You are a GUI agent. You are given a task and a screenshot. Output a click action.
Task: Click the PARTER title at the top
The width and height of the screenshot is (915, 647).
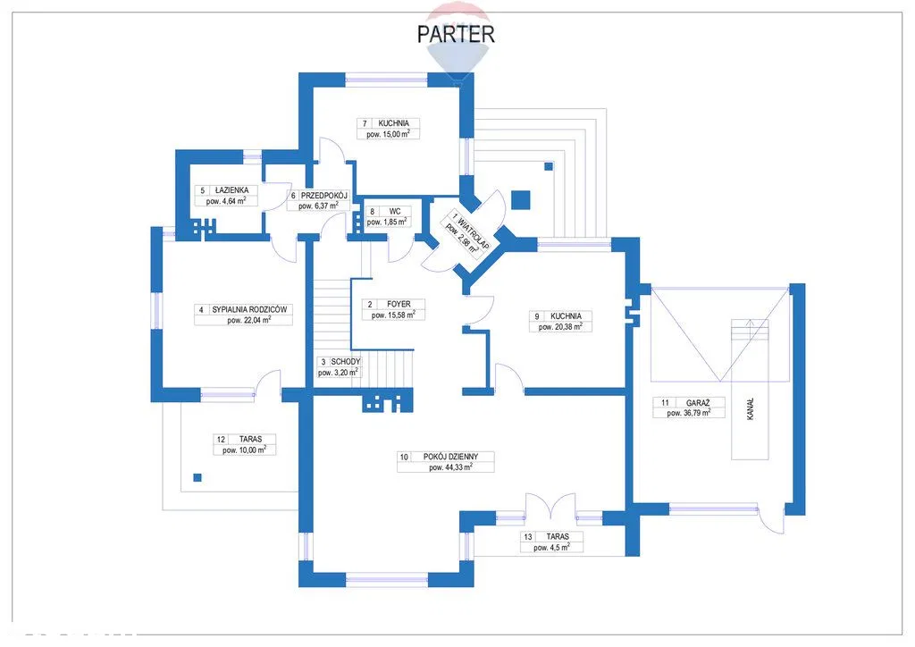456,34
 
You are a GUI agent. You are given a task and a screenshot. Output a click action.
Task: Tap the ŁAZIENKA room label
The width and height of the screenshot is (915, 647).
231,190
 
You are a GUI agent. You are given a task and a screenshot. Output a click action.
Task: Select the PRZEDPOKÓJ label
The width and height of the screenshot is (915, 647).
324,196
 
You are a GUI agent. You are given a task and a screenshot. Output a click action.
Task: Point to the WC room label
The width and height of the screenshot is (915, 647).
394,212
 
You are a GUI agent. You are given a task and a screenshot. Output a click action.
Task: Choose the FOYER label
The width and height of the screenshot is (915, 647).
399,304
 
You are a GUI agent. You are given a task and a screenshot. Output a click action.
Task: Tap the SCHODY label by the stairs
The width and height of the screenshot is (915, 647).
345,362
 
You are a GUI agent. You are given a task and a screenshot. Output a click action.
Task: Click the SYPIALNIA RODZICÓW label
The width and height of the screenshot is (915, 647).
249,310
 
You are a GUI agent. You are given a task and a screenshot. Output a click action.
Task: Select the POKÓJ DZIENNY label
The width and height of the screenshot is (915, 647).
451,457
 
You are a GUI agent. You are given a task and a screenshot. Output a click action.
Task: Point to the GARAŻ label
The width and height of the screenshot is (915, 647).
698,402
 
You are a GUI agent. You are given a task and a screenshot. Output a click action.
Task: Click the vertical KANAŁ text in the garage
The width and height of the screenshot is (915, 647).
750,409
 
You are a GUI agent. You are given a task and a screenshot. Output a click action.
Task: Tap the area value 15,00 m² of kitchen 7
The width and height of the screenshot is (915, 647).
388,134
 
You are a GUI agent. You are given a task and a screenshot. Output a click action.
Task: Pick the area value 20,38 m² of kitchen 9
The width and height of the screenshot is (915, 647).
560,327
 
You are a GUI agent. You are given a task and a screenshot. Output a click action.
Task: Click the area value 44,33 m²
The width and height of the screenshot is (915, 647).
450,467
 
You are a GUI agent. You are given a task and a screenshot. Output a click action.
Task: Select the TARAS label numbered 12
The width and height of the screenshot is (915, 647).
250,440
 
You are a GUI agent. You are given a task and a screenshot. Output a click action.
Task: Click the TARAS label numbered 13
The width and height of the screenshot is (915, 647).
558,537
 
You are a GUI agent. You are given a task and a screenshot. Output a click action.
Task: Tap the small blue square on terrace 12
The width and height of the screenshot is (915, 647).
197,478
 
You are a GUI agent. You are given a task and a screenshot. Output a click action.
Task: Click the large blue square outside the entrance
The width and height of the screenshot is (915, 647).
520,200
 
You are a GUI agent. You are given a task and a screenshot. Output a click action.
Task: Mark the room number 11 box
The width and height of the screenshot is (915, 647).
665,402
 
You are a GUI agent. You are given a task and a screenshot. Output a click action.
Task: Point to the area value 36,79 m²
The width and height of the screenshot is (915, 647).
689,413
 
